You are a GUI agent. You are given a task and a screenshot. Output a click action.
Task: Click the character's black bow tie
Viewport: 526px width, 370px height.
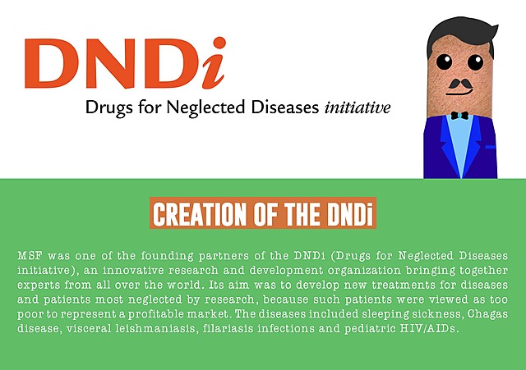point(459,116)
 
